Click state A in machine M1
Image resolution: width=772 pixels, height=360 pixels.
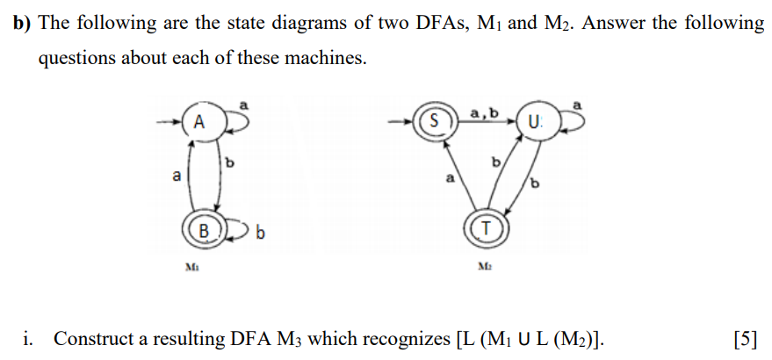pyautogui.click(x=199, y=122)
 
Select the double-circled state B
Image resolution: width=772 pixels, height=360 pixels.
pyautogui.click(x=204, y=232)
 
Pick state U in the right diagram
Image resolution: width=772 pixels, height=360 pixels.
pyautogui.click(x=534, y=120)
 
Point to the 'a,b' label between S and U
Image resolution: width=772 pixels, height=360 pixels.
pyautogui.click(x=484, y=112)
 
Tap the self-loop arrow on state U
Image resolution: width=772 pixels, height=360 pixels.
pyautogui.click(x=569, y=122)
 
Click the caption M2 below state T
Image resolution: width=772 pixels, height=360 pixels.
pyautogui.click(x=482, y=268)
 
